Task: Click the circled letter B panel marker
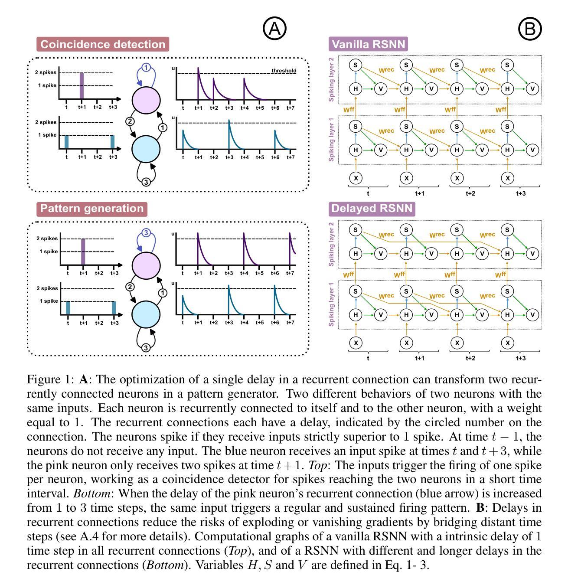click(x=530, y=29)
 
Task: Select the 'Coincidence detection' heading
click(x=103, y=44)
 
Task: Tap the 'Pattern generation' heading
click(x=92, y=209)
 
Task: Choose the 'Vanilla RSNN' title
click(x=369, y=44)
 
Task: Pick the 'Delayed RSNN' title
click(x=372, y=209)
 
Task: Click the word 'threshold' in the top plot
click(x=284, y=71)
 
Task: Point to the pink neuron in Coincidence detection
click(x=146, y=100)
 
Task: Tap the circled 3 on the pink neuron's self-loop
click(x=146, y=233)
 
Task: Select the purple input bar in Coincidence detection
click(x=82, y=86)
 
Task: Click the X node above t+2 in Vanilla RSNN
click(x=457, y=177)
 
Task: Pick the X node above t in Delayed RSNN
click(x=356, y=343)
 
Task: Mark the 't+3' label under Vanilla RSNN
click(x=521, y=193)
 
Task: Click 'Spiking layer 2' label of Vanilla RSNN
click(x=332, y=79)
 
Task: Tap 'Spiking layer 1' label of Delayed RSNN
click(x=332, y=304)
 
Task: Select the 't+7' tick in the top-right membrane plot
click(x=291, y=108)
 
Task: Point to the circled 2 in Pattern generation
click(x=130, y=286)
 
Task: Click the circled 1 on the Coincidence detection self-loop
click(x=146, y=67)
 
